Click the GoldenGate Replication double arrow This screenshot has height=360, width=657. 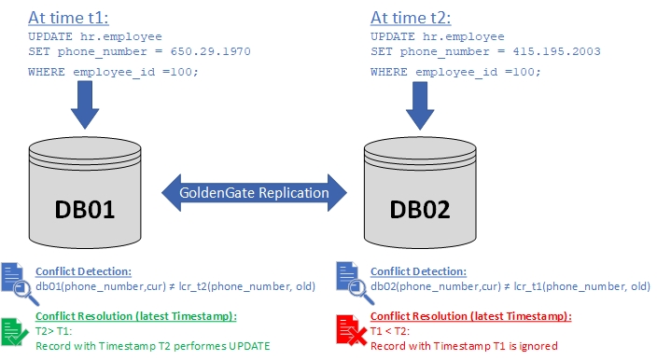click(254, 193)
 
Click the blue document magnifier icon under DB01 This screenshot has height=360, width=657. click(14, 280)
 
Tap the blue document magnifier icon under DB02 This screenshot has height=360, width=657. click(350, 280)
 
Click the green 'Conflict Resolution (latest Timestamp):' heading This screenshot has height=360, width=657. click(134, 316)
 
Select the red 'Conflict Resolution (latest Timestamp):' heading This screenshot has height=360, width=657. click(470, 316)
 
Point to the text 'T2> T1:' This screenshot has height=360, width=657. click(54, 331)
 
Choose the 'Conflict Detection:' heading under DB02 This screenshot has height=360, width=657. click(416, 271)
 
